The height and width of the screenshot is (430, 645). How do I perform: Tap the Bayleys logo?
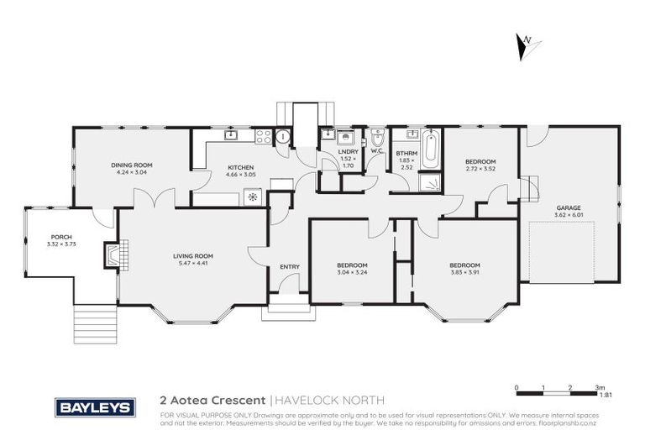click(95, 407)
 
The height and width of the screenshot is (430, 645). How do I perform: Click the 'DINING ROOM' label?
click(131, 165)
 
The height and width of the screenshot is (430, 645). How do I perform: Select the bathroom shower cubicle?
click(429, 182)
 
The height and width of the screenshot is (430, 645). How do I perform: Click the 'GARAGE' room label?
click(569, 207)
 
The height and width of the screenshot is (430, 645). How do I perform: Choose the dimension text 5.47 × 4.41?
click(193, 263)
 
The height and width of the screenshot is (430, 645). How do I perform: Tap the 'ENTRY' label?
click(289, 267)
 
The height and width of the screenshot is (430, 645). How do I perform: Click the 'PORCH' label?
click(60, 237)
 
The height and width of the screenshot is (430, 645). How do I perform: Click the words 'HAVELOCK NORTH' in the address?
click(323, 401)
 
